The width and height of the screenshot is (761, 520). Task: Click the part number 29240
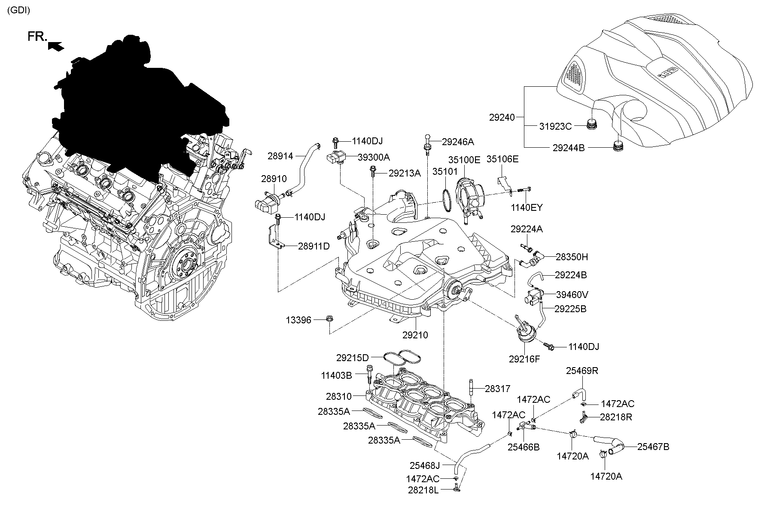(502, 117)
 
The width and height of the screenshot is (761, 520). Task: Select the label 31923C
(555, 126)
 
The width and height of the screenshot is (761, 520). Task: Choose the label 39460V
(572, 295)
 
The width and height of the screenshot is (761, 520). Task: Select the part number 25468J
(425, 465)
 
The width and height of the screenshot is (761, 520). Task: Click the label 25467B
(653, 447)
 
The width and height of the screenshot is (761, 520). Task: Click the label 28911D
(314, 246)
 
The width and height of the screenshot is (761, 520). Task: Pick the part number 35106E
(502, 159)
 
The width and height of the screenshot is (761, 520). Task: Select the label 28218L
(423, 490)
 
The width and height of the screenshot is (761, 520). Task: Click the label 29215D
(352, 357)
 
